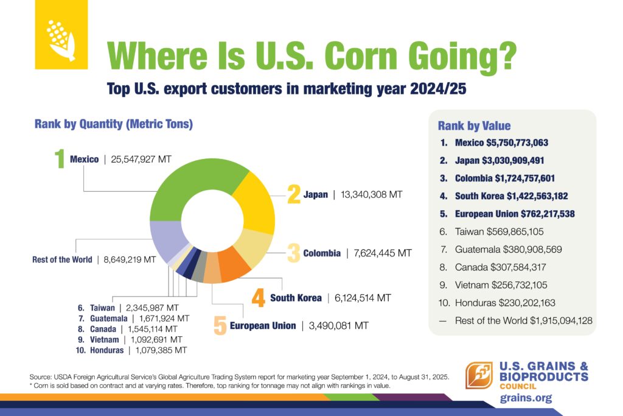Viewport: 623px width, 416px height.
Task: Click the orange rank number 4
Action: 258,298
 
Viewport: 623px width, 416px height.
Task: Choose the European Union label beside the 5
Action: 263,326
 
